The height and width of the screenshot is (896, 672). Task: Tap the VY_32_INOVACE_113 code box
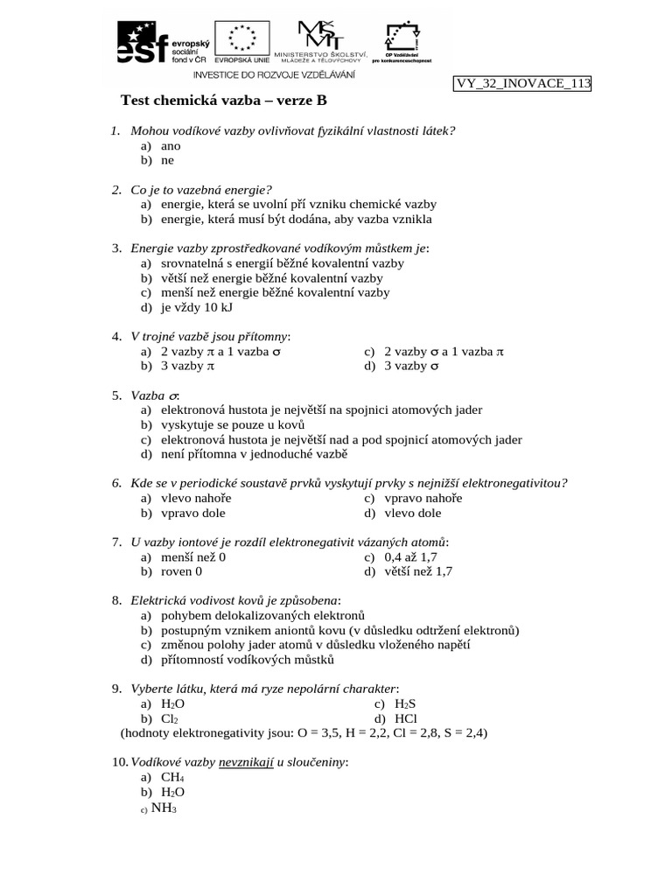point(522,83)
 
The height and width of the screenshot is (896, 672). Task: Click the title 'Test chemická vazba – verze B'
point(222,101)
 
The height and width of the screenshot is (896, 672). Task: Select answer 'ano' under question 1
point(171,146)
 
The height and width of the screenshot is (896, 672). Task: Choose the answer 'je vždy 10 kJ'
point(197,307)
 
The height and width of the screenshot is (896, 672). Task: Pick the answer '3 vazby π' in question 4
point(187,367)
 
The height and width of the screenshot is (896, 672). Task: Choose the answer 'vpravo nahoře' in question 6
point(423,498)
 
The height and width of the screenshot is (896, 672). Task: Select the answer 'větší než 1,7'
point(418,571)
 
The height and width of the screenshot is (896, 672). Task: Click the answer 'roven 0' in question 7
point(181,571)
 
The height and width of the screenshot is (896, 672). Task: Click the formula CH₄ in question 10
point(172,776)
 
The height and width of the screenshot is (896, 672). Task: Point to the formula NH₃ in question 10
point(164,808)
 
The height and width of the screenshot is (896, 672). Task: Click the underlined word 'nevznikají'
point(246,762)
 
